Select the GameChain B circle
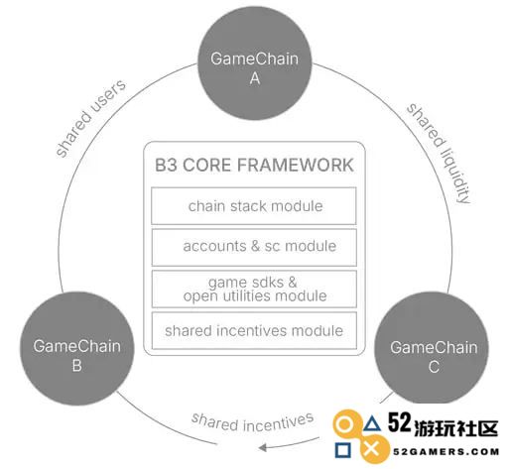point(77,348)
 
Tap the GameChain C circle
point(432,349)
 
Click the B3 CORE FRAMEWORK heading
point(254,166)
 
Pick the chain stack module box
point(254,206)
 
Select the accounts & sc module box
point(254,247)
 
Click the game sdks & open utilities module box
point(254,289)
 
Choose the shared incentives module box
point(254,330)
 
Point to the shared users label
point(91,118)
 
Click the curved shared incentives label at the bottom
point(252,422)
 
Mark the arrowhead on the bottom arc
point(263,448)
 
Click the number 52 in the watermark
point(399,422)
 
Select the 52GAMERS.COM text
point(446,452)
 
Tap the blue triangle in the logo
point(372,423)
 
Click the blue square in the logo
point(343,450)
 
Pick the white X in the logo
point(372,450)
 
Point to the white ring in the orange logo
point(344,424)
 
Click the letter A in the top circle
point(255,78)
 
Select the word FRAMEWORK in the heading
point(296,166)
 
